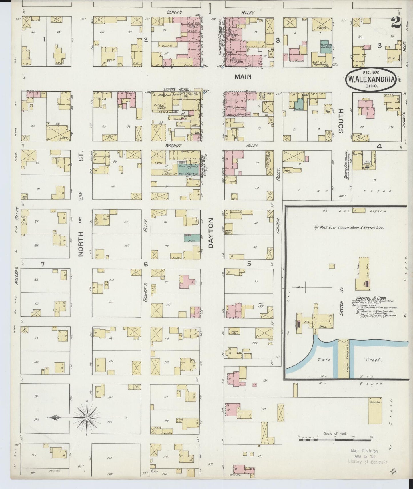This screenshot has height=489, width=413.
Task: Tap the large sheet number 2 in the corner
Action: [396, 23]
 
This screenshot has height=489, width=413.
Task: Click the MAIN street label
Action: [243, 77]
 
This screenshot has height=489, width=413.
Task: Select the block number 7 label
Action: [42, 264]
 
